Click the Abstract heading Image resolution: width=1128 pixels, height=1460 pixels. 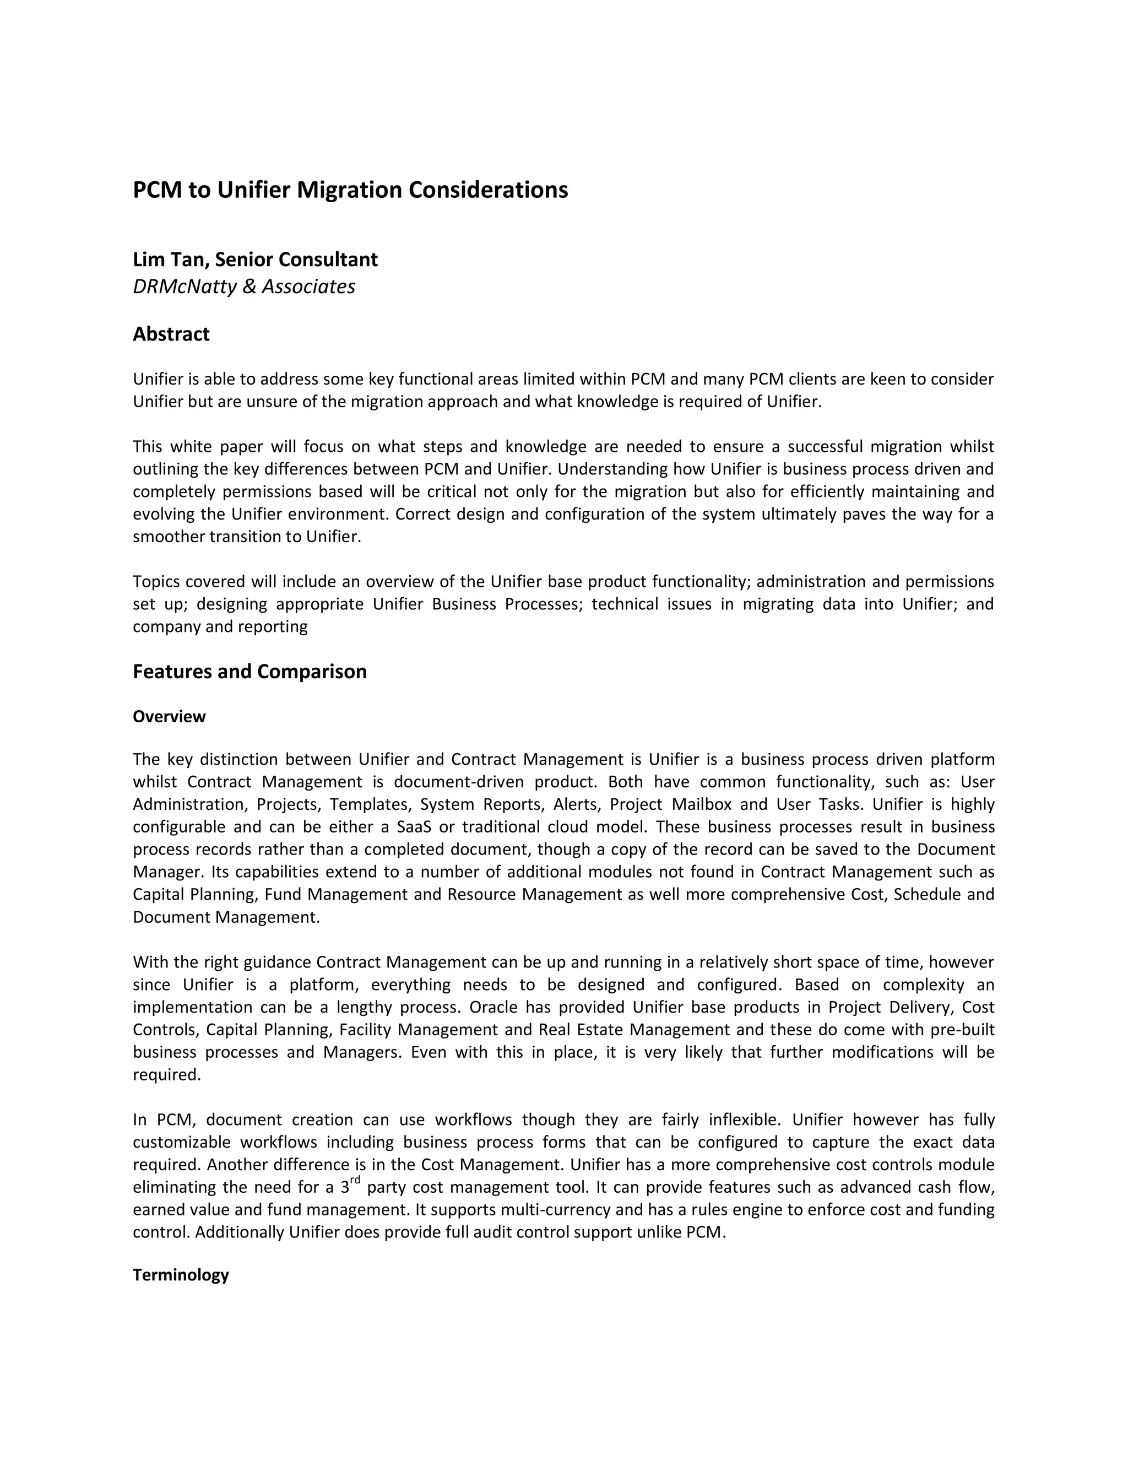click(x=171, y=334)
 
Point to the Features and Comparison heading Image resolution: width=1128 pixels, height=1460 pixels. click(x=250, y=671)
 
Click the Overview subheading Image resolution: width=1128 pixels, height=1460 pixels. click(x=169, y=717)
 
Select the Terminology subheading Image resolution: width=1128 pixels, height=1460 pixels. click(x=181, y=1275)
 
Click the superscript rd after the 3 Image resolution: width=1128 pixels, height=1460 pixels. click(x=355, y=1178)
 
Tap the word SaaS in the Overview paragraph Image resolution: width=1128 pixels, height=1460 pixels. click(x=414, y=827)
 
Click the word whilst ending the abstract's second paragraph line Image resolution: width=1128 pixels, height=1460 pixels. click(x=972, y=447)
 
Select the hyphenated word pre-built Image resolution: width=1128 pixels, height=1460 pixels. click(x=966, y=1030)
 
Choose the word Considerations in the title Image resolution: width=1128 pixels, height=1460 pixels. click(x=488, y=190)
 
